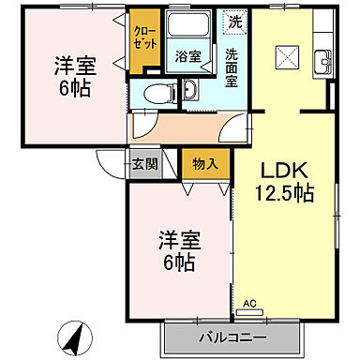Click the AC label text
tap(249, 304)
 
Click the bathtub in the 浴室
tap(190, 27)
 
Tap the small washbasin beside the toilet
tap(188, 90)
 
